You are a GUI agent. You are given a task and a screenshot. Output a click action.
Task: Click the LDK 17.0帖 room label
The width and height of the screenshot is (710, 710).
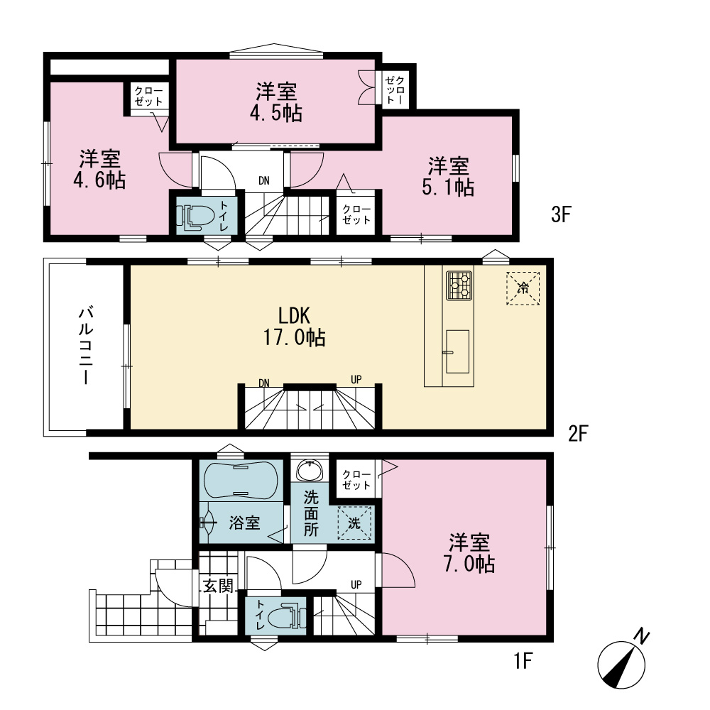[295, 326]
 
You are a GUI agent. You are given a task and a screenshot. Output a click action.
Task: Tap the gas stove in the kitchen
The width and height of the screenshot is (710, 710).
[459, 285]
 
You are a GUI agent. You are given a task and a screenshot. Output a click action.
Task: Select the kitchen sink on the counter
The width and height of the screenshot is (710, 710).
[457, 352]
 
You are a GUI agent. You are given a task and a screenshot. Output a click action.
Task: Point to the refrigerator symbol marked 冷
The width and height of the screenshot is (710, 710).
[523, 288]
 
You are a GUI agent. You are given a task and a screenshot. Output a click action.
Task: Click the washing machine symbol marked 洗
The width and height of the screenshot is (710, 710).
[354, 523]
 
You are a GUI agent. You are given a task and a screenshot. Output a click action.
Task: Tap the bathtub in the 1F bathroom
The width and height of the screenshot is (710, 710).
[241, 481]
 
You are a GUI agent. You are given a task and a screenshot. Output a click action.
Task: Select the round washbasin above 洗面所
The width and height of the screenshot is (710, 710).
[310, 470]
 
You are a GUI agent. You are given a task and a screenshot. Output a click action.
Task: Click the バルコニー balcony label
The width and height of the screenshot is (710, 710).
[86, 346]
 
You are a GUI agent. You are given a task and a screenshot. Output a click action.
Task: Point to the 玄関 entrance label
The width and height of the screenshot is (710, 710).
[218, 586]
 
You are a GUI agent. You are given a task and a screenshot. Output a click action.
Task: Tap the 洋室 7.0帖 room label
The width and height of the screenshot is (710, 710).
[469, 553]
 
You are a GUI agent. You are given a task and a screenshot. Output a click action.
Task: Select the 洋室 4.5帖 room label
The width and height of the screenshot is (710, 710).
[276, 102]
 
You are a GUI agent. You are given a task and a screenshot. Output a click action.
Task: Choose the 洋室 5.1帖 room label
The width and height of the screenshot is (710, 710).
[448, 177]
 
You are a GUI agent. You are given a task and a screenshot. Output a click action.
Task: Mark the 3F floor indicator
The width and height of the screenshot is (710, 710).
[561, 214]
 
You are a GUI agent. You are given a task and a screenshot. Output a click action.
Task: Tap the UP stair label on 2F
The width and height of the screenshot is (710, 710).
[356, 379]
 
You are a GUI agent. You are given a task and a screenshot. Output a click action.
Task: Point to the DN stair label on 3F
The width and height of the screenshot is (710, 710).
[264, 180]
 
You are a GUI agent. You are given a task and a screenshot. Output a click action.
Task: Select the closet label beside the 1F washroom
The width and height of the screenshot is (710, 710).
[356, 480]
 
